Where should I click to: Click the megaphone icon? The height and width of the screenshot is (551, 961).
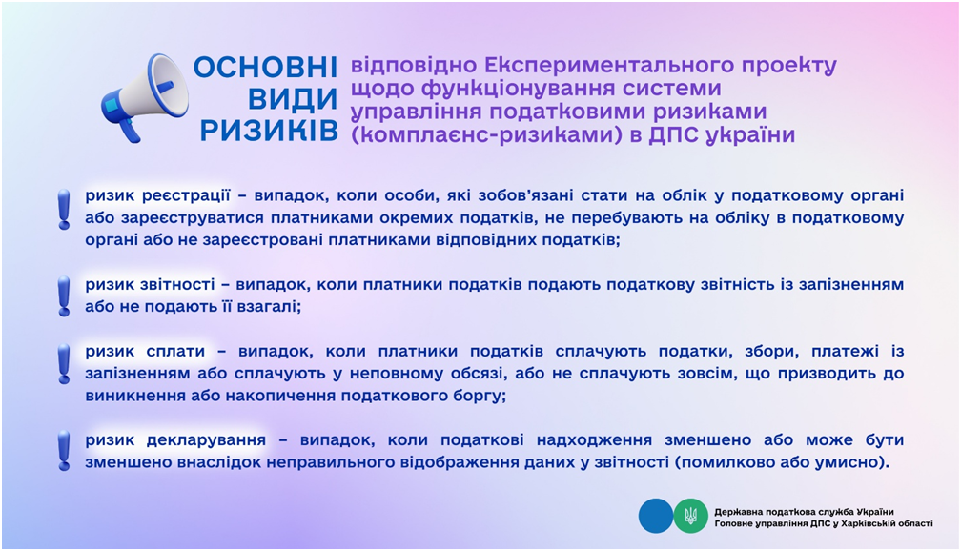pos(145,97)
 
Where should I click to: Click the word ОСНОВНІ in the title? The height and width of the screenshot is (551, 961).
pos(265,68)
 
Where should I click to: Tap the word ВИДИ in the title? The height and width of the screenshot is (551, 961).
pos(293,99)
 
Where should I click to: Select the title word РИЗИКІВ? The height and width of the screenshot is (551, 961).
pos(269,130)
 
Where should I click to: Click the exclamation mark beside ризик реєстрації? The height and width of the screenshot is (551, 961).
pos(64,209)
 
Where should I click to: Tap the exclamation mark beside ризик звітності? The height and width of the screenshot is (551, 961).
pos(64,296)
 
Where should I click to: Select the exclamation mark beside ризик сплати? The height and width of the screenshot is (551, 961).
pos(64,363)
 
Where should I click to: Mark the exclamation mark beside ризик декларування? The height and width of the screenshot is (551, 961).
pos(64,451)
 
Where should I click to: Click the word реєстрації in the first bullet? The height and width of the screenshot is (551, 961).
pos(186,196)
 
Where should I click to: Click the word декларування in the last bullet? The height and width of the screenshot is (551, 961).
pos(206,440)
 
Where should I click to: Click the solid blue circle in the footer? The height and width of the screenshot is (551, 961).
pos(656,516)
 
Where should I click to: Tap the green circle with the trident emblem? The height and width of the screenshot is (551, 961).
pos(690,516)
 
